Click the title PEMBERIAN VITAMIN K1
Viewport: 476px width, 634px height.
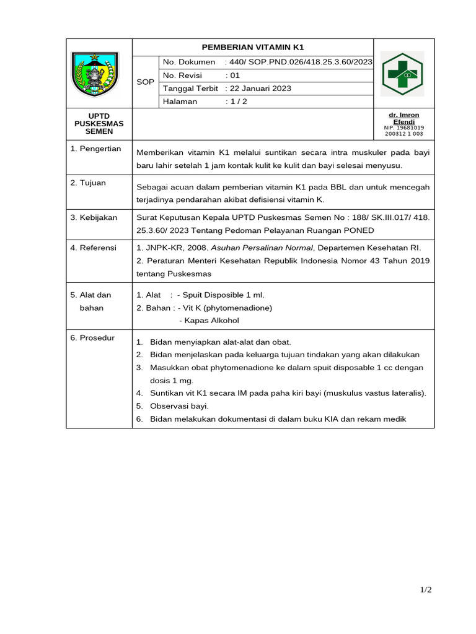253,48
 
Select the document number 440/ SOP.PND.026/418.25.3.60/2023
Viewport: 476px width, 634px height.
301,62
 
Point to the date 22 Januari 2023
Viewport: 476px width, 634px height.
260,89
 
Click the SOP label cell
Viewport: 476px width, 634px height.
145,82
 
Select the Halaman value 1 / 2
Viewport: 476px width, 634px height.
238,102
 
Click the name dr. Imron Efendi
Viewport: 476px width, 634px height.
403,119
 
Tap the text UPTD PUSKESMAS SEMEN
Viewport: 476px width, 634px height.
99,123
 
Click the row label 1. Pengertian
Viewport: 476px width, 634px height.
95,149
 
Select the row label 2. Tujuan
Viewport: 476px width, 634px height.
88,183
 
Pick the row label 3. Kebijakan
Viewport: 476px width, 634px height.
94,217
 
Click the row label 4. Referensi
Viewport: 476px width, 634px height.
94,248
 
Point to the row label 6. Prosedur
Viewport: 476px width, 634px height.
92,337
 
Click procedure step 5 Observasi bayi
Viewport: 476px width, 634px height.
179,406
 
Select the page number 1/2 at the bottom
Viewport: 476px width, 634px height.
425,590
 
